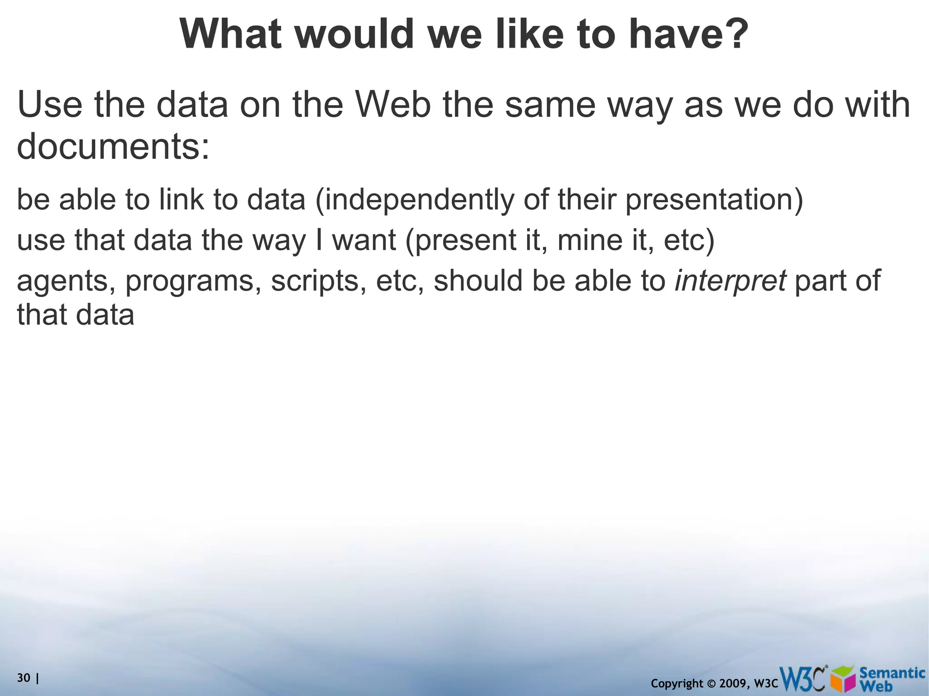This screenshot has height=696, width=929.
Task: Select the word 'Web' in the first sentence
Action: coord(392,105)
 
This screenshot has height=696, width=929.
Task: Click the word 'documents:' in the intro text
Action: coord(113,147)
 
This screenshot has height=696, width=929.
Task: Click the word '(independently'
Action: coord(414,200)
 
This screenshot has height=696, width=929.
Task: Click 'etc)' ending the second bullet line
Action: coord(689,241)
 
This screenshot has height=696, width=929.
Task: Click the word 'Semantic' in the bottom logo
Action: coord(892,673)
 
